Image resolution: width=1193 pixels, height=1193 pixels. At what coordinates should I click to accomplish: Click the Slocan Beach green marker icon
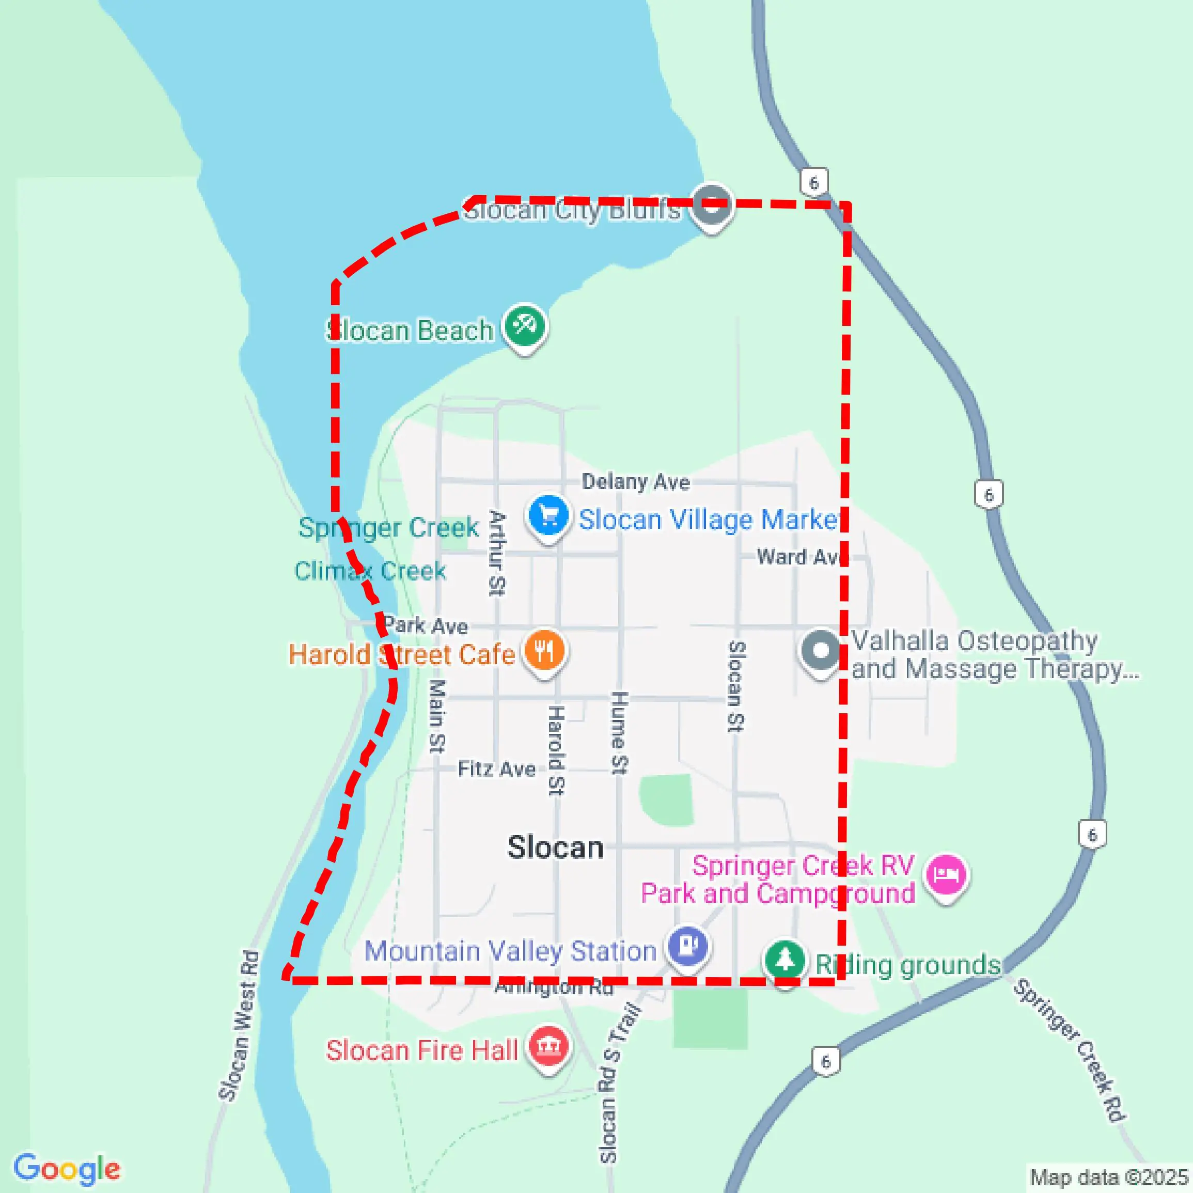(524, 325)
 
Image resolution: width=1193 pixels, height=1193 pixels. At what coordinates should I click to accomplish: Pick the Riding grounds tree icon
(785, 960)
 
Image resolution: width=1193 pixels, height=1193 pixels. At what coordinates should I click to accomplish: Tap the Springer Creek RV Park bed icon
(946, 875)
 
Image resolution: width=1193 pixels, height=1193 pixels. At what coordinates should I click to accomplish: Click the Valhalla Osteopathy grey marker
(821, 650)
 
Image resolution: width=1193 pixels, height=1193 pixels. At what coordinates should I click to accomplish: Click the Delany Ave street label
(635, 482)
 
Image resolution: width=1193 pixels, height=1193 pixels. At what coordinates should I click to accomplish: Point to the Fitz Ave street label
(496, 770)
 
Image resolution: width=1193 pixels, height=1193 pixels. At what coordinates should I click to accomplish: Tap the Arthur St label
(496, 553)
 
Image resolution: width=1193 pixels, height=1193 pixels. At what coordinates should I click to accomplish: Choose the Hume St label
(619, 733)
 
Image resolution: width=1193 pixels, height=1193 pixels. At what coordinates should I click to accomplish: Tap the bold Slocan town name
(555, 847)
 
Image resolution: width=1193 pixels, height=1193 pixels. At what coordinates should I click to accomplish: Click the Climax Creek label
(370, 571)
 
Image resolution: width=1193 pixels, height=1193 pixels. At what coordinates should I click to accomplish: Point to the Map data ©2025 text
(1109, 1177)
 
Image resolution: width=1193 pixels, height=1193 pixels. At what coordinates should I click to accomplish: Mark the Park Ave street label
(426, 625)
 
